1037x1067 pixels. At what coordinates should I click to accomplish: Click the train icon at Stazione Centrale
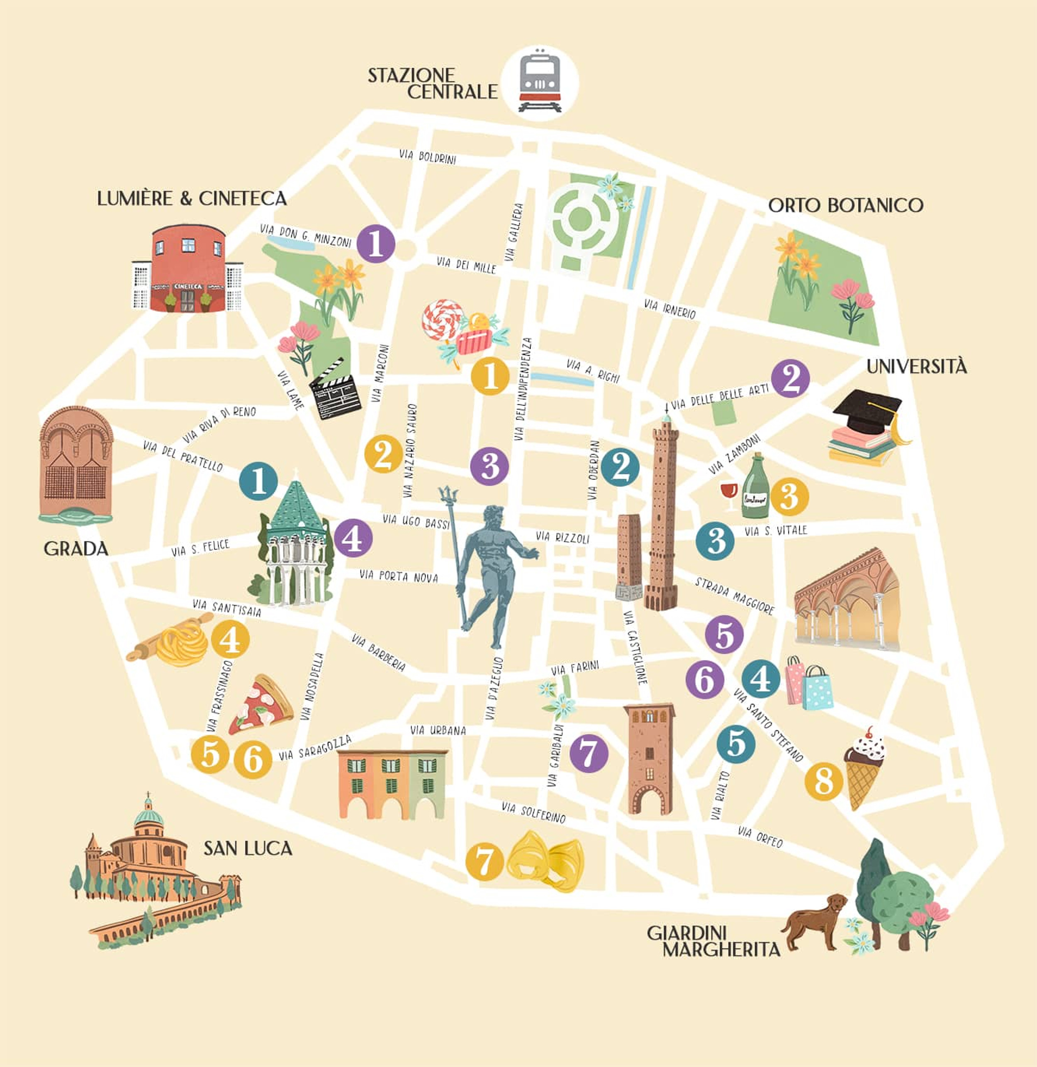pyautogui.click(x=540, y=82)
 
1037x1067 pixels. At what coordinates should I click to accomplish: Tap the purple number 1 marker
pyautogui.click(x=376, y=244)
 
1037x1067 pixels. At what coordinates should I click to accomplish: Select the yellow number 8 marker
pyautogui.click(x=823, y=781)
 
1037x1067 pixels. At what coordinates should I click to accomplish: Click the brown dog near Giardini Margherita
pyautogui.click(x=815, y=921)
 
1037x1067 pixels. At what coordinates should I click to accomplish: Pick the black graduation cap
pyautogui.click(x=867, y=411)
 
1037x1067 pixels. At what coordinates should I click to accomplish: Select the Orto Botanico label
pyautogui.click(x=845, y=205)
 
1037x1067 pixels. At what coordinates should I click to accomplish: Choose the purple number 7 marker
pyautogui.click(x=589, y=754)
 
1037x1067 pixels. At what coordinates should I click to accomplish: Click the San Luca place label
pyautogui.click(x=248, y=848)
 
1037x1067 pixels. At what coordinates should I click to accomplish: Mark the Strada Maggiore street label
pyautogui.click(x=734, y=596)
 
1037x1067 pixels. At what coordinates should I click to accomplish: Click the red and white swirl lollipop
pyautogui.click(x=442, y=318)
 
